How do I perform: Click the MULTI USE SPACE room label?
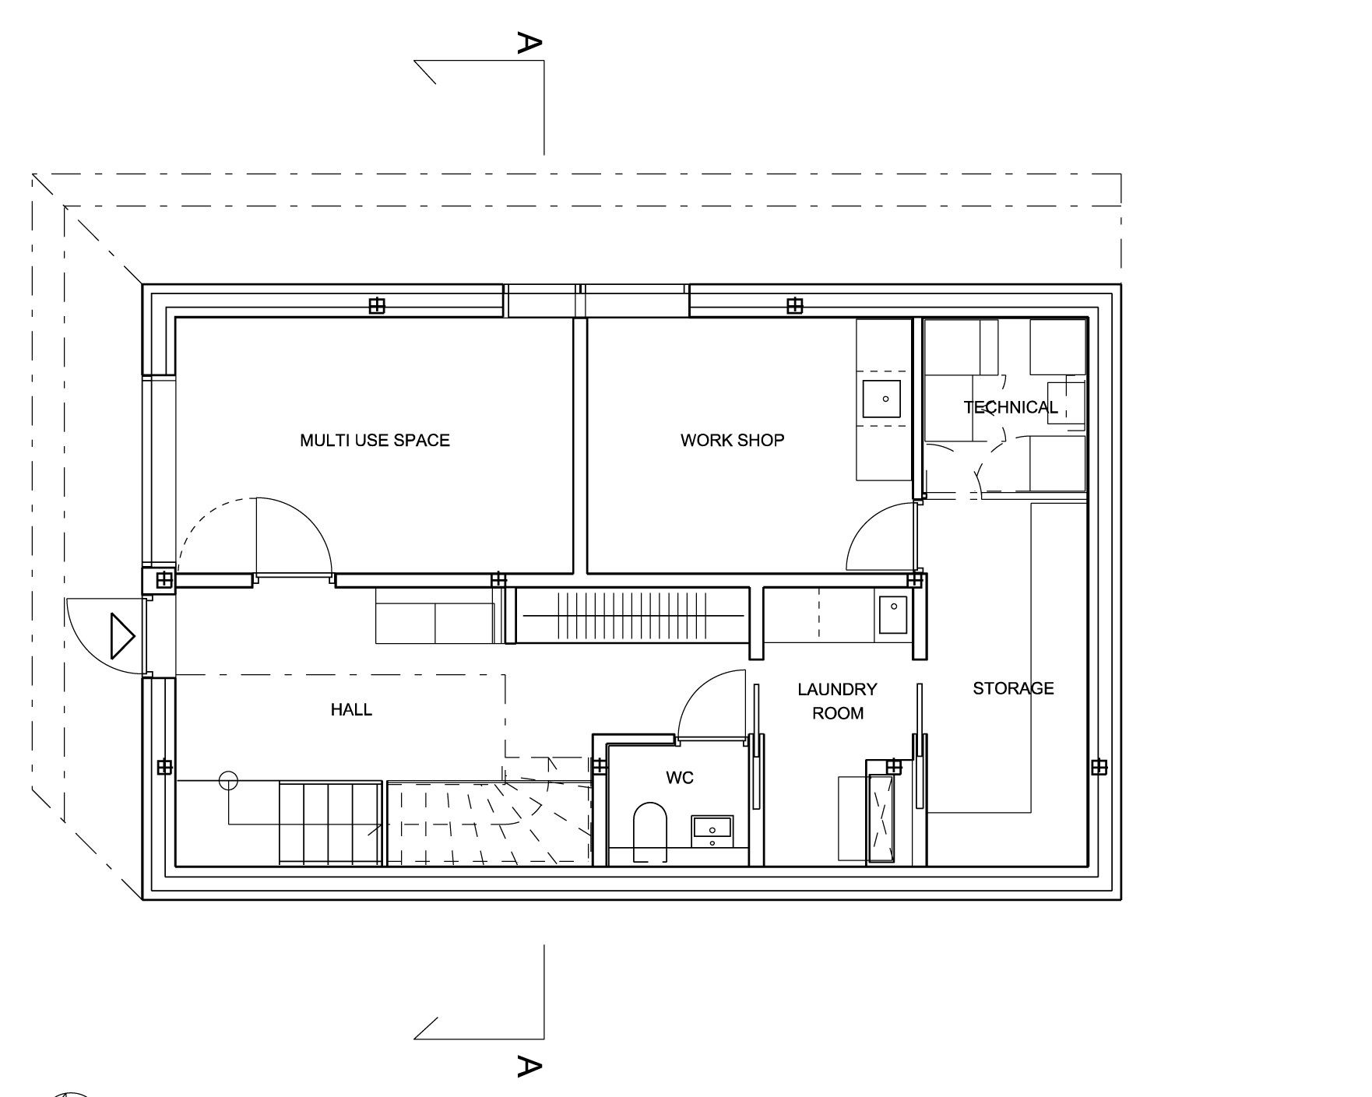(x=375, y=440)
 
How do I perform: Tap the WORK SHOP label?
(x=732, y=440)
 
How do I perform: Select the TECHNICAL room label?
(x=1010, y=407)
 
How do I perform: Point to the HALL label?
(x=351, y=709)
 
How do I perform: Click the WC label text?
(x=680, y=778)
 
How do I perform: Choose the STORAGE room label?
(x=1013, y=688)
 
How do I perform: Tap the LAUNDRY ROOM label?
(x=838, y=701)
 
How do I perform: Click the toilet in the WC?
(x=650, y=832)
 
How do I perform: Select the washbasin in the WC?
(x=712, y=831)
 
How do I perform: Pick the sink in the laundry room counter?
(x=893, y=614)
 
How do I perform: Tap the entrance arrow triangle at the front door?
(x=123, y=636)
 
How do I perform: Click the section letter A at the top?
(x=529, y=43)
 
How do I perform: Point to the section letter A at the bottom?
(x=529, y=1066)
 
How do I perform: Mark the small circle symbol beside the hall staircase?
(x=227, y=780)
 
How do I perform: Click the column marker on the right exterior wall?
(x=1099, y=768)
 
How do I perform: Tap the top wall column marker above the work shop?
(x=794, y=306)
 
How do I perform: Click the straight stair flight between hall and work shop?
(x=632, y=615)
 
